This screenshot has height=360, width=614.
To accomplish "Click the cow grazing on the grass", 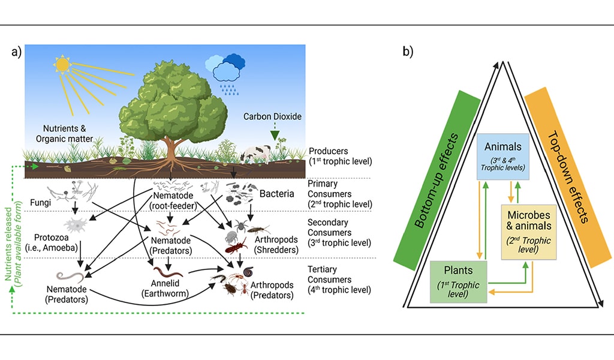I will [255, 155].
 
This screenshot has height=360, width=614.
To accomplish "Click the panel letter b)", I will [407, 52].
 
